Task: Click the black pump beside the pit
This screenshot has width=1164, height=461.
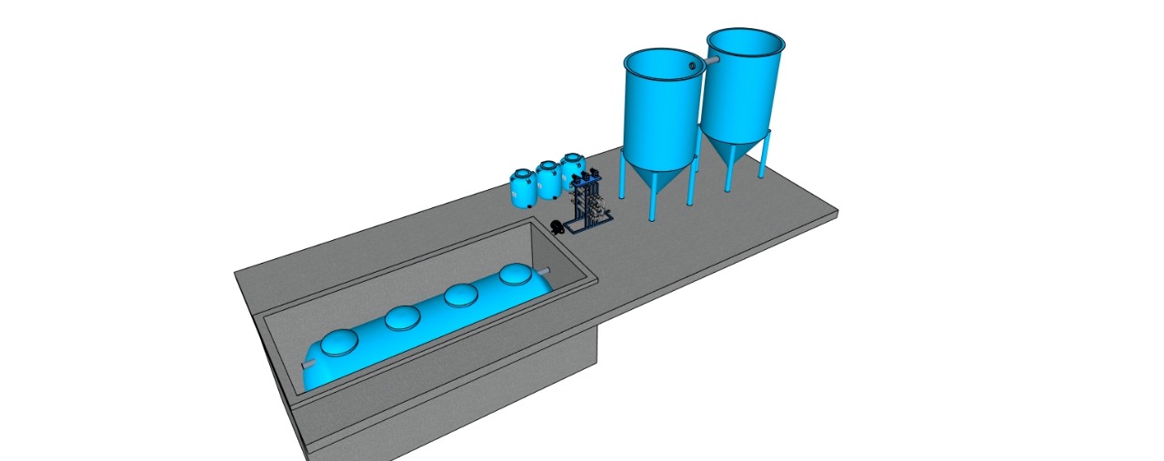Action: (x=557, y=225)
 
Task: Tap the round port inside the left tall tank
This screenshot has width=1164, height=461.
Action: (x=696, y=65)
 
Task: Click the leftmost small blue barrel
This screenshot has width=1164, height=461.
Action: (x=523, y=187)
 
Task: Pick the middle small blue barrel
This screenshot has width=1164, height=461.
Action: (x=547, y=180)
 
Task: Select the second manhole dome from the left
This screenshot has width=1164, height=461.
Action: (x=400, y=317)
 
